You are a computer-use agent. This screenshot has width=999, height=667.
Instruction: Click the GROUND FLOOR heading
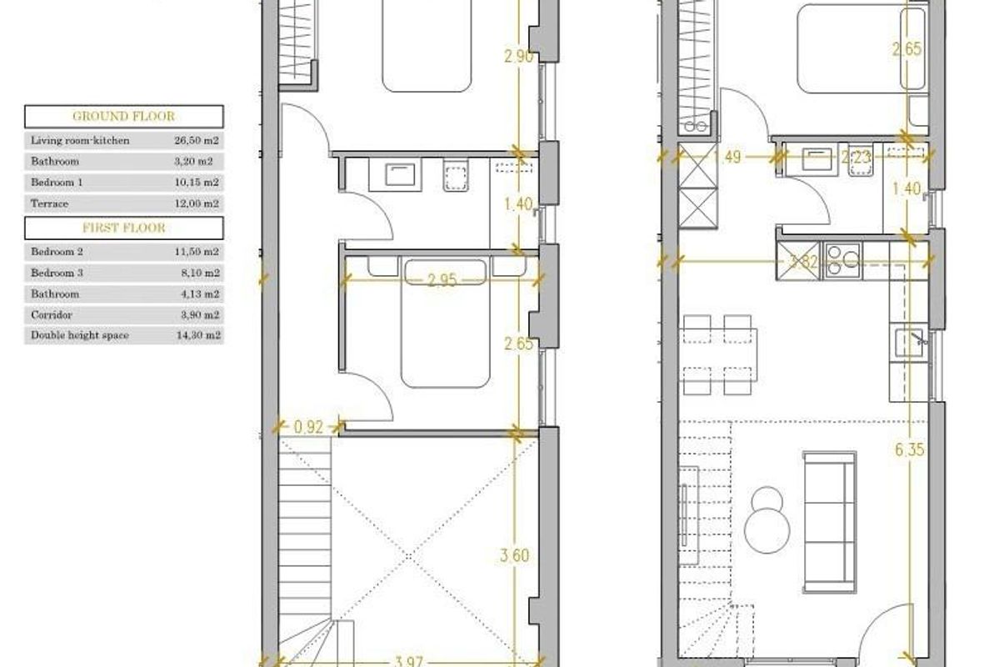pyautogui.click(x=123, y=116)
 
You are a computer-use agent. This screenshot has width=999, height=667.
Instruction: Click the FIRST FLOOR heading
pyautogui.click(x=123, y=228)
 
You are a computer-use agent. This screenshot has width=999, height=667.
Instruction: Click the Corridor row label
pyautogui.click(x=52, y=314)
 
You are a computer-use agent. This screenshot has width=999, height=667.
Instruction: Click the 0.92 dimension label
pyautogui.click(x=308, y=428)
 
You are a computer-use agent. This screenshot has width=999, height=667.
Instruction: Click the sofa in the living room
pyautogui.click(x=829, y=524)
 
